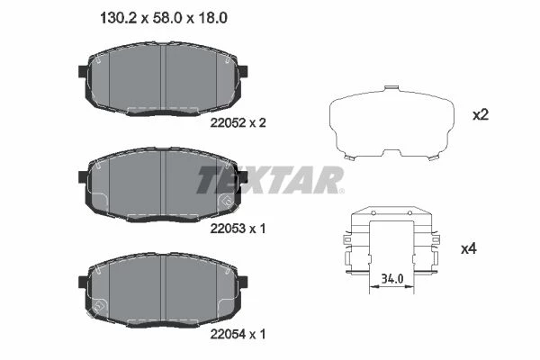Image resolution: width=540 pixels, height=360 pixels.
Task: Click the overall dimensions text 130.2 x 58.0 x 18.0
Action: pos(164,18)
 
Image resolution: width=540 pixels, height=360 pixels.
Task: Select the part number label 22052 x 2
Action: pos(238,122)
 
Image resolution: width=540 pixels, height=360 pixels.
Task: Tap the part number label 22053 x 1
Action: pos(238,229)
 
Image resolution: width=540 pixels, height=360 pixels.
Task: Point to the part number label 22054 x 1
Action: pos(238,334)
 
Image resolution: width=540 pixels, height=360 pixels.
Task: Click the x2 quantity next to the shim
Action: pos(481,114)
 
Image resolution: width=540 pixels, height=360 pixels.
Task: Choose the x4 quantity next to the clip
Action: pos(469,248)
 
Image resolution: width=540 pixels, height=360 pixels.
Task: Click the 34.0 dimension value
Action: pos(392,278)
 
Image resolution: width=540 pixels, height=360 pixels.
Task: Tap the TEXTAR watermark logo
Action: pos(270,180)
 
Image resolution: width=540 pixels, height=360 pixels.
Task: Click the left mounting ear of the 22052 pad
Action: pos(83,71)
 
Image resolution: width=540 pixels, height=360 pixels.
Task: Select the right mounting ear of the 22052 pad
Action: pos(243,71)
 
